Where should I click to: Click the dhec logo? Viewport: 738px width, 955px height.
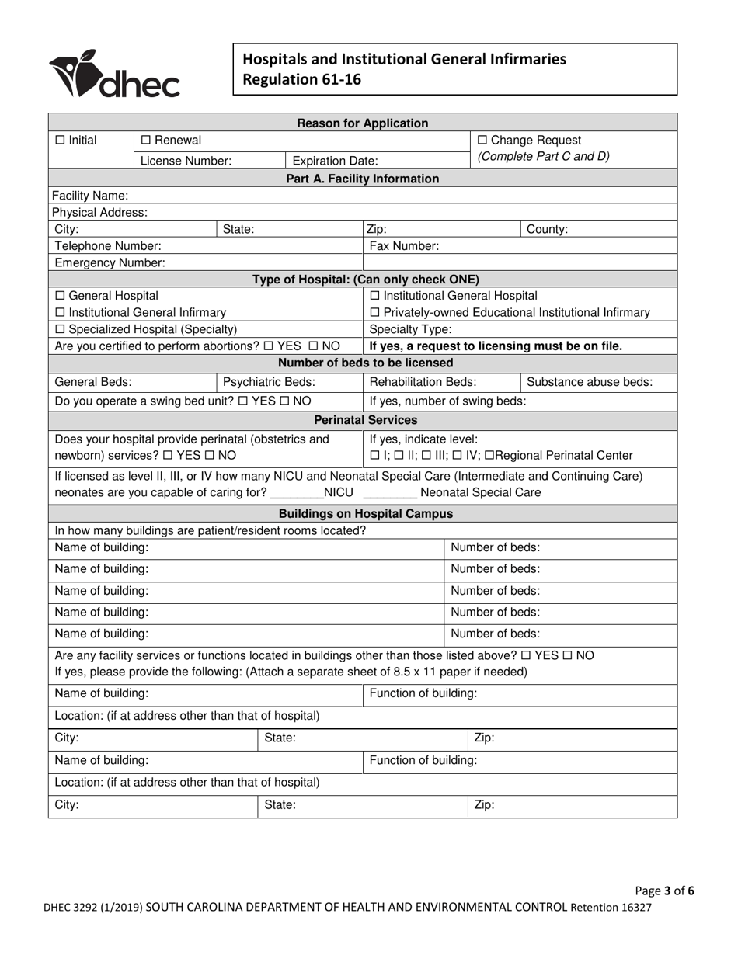coord(115,75)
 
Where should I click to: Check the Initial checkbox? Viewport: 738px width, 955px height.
coord(61,141)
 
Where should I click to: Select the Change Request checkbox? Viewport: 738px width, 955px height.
coord(482,141)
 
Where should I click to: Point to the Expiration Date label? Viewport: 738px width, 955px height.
coord(336,161)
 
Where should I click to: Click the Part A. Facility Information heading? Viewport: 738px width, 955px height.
coord(363,179)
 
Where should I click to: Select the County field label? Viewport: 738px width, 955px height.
coord(548,229)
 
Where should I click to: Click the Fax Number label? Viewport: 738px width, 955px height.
coord(404,246)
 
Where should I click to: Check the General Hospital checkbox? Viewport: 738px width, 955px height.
coord(61,296)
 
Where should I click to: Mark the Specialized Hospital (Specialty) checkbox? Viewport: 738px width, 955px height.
coord(61,329)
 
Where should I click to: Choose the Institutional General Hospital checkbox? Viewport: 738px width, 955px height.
coord(376,296)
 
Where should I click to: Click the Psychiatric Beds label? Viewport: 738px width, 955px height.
coord(269,382)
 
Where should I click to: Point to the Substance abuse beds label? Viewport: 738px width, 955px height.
coord(590,382)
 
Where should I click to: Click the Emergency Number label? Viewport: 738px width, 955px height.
coord(109,262)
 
